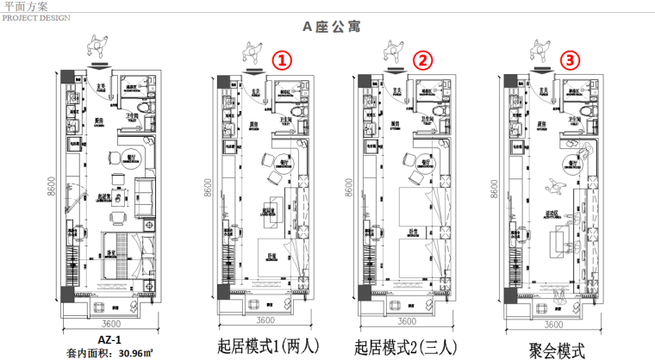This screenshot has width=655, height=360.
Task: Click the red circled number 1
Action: click(x=282, y=61)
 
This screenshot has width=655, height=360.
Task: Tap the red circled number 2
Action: click(x=422, y=60)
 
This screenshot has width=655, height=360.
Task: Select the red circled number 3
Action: click(x=569, y=60)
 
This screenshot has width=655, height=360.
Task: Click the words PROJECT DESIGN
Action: click(x=32, y=16)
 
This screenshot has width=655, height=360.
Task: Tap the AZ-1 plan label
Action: click(x=101, y=338)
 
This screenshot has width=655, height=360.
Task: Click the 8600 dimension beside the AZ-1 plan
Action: click(x=51, y=187)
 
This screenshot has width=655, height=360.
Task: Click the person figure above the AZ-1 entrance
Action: click(x=97, y=44)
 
